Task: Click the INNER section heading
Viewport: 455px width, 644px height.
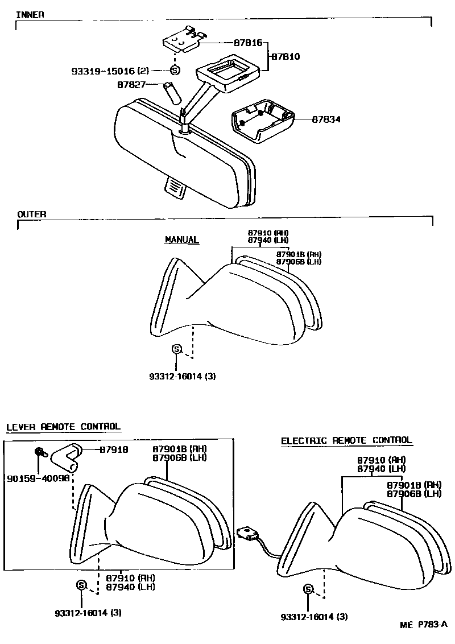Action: (30, 14)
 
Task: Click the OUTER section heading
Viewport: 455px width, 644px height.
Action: (32, 214)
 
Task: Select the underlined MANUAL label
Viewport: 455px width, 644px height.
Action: (181, 240)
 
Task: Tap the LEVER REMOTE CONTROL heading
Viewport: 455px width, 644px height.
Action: (63, 427)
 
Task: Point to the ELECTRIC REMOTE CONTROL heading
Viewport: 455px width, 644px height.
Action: (346, 440)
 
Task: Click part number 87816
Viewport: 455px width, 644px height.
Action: (248, 43)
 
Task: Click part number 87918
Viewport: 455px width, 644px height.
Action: (114, 449)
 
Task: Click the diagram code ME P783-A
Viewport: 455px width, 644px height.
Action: (424, 625)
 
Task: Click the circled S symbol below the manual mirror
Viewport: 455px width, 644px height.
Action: (176, 349)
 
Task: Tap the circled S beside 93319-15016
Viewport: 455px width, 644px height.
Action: (175, 71)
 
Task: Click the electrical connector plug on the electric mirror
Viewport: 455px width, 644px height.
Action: (248, 533)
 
